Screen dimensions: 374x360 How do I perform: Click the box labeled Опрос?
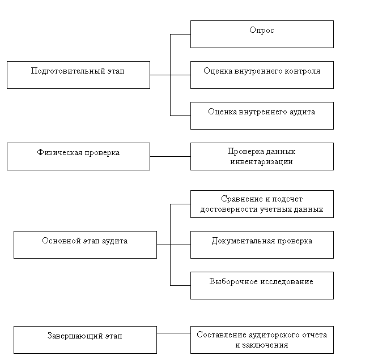(x=262, y=34)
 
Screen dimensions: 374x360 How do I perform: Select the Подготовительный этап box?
(x=78, y=75)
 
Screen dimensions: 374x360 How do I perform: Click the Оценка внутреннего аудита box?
(x=262, y=115)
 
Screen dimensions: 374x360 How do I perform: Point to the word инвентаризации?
(x=261, y=162)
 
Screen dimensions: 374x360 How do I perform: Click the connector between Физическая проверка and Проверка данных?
(x=171, y=157)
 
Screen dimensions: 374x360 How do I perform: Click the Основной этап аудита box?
(x=85, y=245)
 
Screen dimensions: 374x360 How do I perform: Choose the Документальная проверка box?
(x=262, y=245)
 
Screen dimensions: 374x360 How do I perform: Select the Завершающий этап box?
(x=85, y=340)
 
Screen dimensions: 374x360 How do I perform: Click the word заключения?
(x=265, y=345)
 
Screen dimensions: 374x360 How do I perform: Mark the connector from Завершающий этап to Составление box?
(x=173, y=333)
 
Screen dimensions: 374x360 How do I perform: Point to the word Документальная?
(x=243, y=241)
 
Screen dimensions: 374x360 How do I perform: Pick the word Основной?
(x=62, y=241)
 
